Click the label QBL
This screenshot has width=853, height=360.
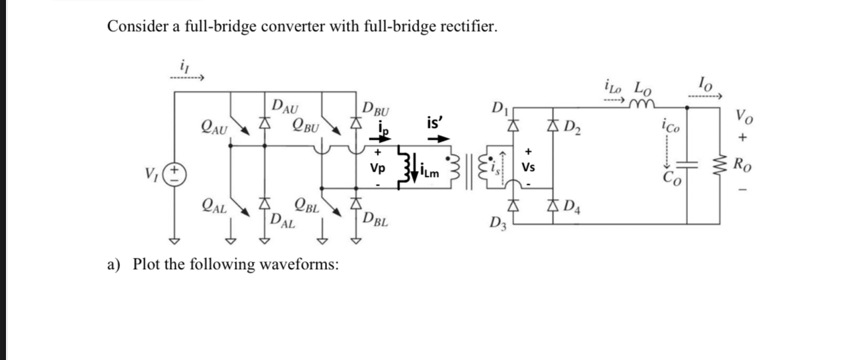(306, 205)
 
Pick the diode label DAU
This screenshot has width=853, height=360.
(285, 105)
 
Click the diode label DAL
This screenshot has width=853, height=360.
(283, 221)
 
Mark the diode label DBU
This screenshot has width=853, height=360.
(376, 108)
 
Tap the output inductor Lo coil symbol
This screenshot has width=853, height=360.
(642, 101)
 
